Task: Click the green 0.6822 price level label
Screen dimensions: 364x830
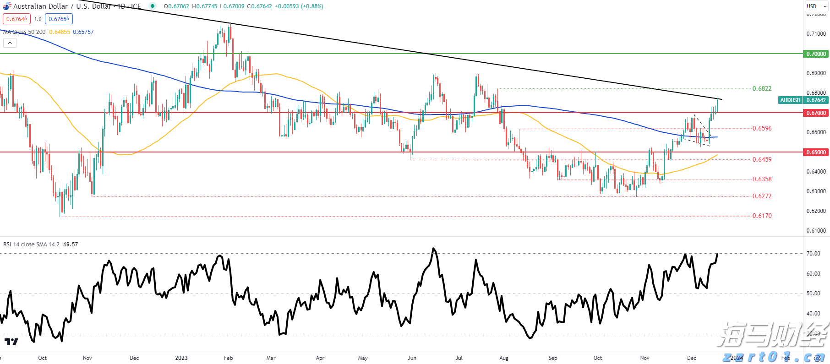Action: tap(762, 88)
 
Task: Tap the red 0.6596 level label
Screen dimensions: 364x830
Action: tap(762, 128)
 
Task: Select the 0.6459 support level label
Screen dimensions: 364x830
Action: tap(762, 159)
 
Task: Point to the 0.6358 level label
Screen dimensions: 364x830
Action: tap(762, 179)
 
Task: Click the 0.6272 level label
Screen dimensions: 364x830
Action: tap(762, 196)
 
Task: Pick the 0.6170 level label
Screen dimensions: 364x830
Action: tap(762, 216)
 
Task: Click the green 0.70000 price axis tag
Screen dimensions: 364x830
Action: tap(816, 54)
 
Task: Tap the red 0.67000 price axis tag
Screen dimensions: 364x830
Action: tap(816, 113)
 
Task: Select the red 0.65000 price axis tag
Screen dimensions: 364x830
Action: tap(816, 152)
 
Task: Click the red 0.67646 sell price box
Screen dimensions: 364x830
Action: tap(16, 19)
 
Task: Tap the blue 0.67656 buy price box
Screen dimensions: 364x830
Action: tap(59, 19)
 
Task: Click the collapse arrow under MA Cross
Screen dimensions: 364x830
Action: tap(10, 43)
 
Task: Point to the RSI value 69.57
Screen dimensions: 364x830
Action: tap(71, 244)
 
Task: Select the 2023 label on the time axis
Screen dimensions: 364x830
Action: tap(181, 358)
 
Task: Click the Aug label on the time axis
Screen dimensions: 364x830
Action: tap(504, 358)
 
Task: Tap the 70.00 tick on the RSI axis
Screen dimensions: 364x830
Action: tap(813, 254)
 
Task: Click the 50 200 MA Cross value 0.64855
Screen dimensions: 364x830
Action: tap(60, 32)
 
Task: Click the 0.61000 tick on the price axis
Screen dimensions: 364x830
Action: tap(816, 231)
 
